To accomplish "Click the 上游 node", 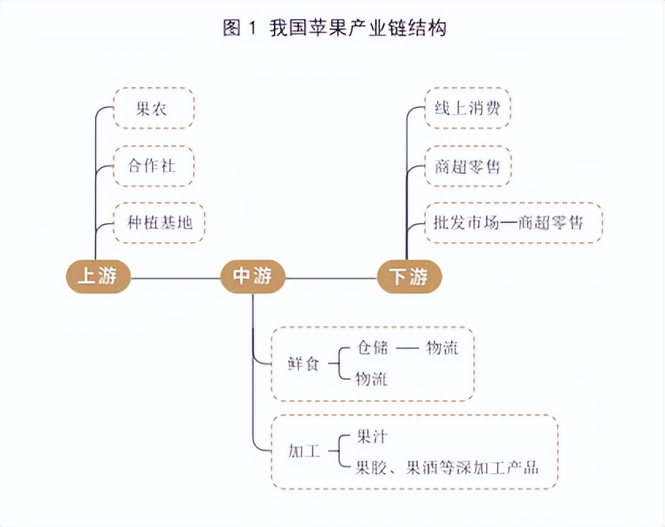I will (x=97, y=276).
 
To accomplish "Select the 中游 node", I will (x=252, y=276).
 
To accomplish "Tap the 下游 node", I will (x=408, y=277).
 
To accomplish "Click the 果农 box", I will (x=154, y=108).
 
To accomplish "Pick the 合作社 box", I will (x=154, y=165).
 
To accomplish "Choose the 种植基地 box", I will (x=159, y=222).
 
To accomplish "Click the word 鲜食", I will (x=304, y=365).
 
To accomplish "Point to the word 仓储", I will (x=373, y=347).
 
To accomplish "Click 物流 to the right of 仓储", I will (x=442, y=347).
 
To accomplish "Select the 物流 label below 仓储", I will (x=371, y=379).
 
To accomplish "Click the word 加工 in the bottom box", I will (x=304, y=452).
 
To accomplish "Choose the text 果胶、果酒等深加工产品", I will (x=447, y=467).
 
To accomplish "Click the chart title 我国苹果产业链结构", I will (x=358, y=28).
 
